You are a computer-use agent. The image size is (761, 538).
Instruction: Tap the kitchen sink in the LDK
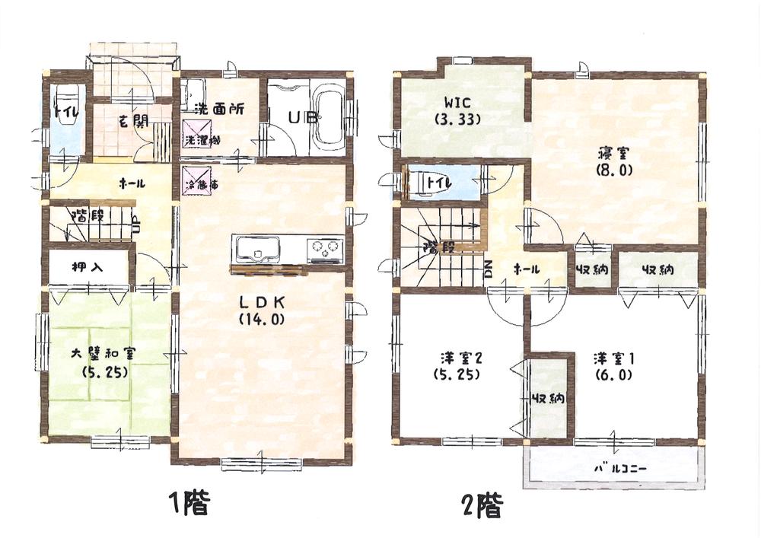[257, 248]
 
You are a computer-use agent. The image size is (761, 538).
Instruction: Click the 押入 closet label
[88, 268]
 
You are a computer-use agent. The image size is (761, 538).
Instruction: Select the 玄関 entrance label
[133, 119]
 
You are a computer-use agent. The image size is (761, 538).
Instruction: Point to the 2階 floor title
[480, 505]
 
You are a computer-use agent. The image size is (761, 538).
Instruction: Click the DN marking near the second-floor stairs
[489, 269]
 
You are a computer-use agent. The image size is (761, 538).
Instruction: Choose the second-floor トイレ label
[440, 183]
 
